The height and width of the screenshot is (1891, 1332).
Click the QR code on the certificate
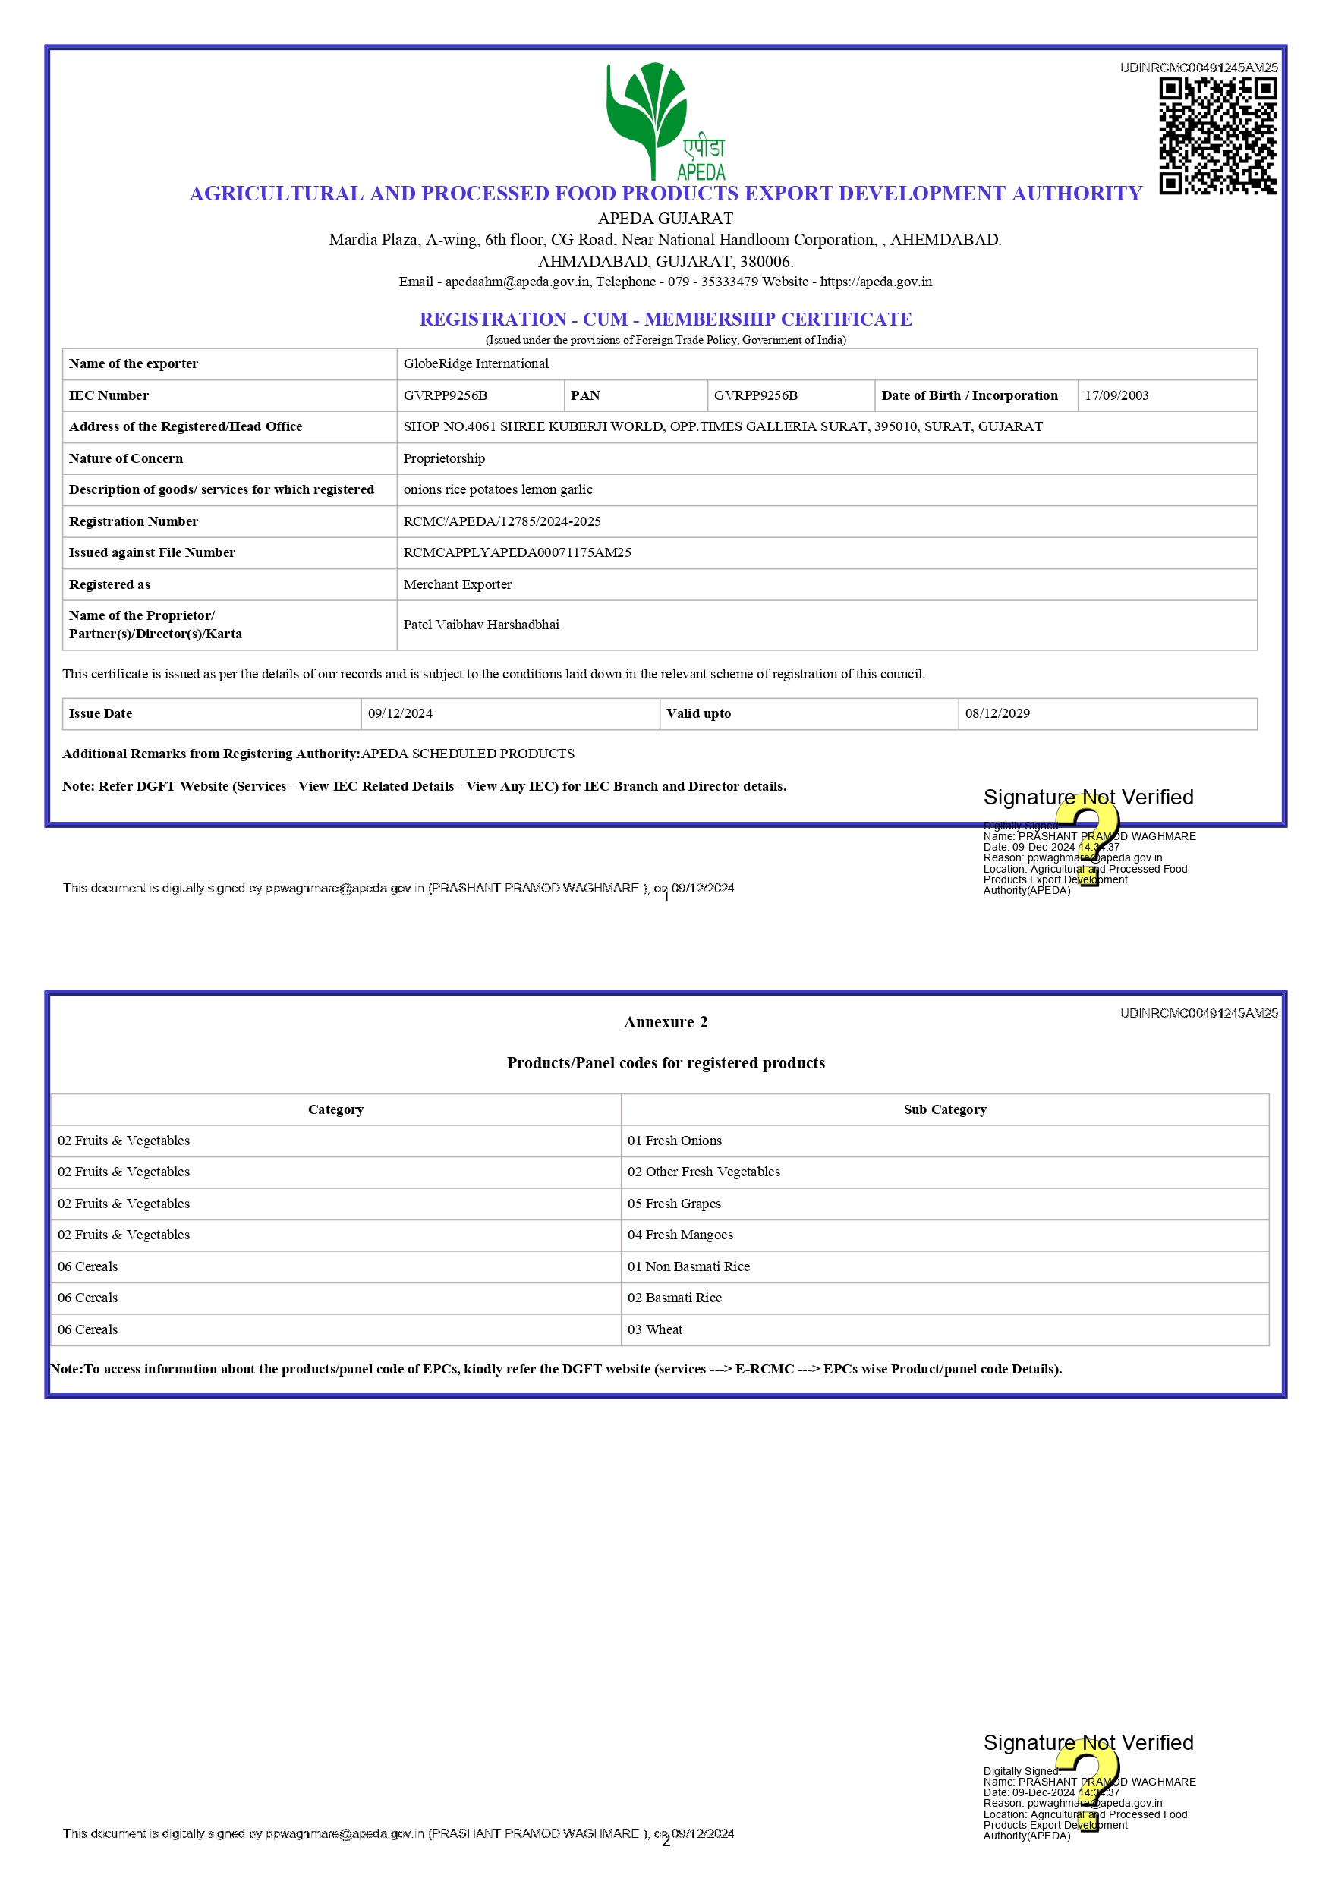(1217, 136)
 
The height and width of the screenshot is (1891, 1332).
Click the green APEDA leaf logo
(647, 115)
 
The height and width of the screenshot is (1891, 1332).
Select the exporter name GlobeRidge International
(475, 364)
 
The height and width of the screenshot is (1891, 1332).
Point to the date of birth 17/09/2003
(1116, 395)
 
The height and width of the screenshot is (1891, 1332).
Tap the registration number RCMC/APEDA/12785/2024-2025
(502, 521)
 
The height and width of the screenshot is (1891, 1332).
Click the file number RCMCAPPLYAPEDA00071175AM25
(517, 552)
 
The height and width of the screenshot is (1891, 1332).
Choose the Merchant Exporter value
(457, 585)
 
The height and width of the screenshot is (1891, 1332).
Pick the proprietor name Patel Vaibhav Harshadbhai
(481, 625)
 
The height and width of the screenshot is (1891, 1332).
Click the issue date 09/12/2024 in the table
(399, 714)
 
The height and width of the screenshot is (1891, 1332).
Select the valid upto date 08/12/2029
(997, 714)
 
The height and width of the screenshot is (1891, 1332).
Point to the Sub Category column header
(944, 1109)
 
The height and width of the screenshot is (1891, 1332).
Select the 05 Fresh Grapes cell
(674, 1204)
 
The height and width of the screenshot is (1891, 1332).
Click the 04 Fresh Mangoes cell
(679, 1235)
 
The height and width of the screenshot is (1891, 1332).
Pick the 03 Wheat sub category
(655, 1329)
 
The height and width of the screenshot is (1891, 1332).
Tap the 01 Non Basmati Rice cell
(688, 1266)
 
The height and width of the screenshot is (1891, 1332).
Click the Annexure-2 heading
(665, 1022)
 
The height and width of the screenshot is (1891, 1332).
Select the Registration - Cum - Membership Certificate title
(665, 319)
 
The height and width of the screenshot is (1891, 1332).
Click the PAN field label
(585, 395)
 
